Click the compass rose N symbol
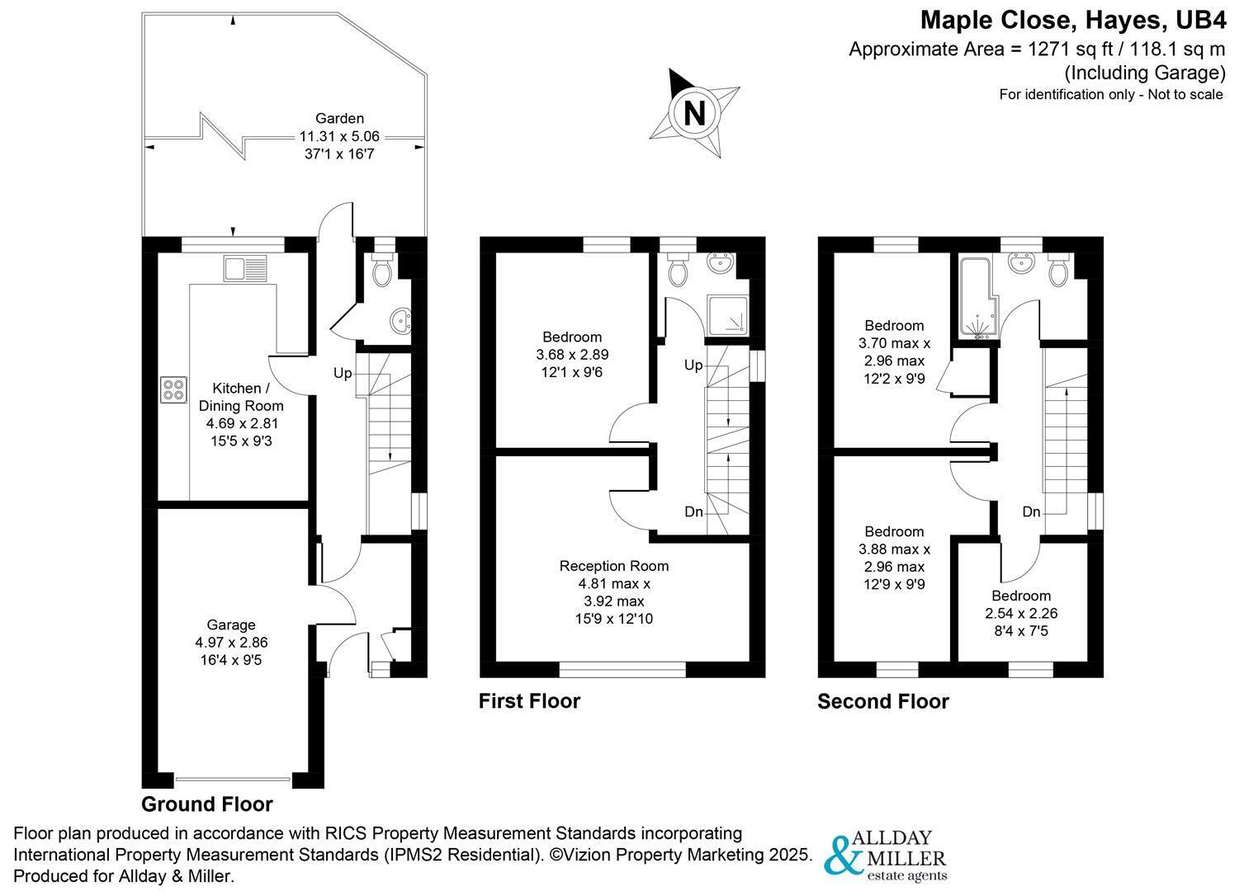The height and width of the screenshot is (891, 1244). click(x=694, y=112)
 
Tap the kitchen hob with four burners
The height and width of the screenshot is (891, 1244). click(x=173, y=389)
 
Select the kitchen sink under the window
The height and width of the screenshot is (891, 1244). click(x=245, y=269)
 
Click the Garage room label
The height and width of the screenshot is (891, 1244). click(x=231, y=642)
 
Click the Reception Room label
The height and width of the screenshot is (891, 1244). click(x=613, y=592)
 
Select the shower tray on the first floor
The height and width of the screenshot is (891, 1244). click(x=729, y=314)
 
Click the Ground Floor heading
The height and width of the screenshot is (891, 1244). click(x=206, y=804)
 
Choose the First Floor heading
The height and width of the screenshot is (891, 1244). click(x=529, y=701)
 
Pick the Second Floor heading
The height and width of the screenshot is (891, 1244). click(x=882, y=702)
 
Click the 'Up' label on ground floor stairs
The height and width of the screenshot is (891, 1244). click(x=343, y=374)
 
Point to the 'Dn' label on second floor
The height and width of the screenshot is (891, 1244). click(x=1031, y=512)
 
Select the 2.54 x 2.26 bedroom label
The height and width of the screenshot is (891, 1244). click(x=1021, y=613)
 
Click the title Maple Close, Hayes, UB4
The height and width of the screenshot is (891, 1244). click(x=1072, y=19)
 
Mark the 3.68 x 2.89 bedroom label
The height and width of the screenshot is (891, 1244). click(x=571, y=354)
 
